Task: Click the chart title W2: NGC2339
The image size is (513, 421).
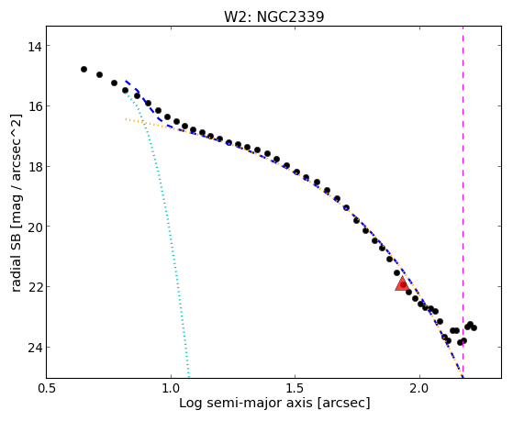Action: pyautogui.click(x=273, y=17)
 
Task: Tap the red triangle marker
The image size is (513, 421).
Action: pyautogui.click(x=402, y=284)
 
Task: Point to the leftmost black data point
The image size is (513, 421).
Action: pyautogui.click(x=84, y=69)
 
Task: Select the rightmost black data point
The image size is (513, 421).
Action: pyautogui.click(x=474, y=327)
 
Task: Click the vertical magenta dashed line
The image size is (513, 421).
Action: pyautogui.click(x=463, y=202)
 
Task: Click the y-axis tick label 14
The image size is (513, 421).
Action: pyautogui.click(x=34, y=46)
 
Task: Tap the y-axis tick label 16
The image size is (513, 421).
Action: pyautogui.click(x=34, y=106)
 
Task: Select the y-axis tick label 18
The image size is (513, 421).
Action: pyautogui.click(x=34, y=167)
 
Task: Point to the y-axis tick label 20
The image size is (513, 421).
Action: pyautogui.click(x=34, y=227)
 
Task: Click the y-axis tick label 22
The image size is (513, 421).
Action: pyautogui.click(x=34, y=287)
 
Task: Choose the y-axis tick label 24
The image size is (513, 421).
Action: pyautogui.click(x=34, y=348)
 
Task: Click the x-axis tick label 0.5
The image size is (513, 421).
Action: pyautogui.click(x=46, y=388)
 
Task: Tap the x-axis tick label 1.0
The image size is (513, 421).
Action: pyautogui.click(x=171, y=388)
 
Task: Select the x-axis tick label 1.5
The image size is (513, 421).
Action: pyautogui.click(x=296, y=388)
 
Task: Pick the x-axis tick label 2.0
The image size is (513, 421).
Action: pyautogui.click(x=419, y=388)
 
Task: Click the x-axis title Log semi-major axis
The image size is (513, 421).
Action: pyautogui.click(x=246, y=403)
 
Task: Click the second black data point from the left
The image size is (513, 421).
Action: pyautogui.click(x=99, y=74)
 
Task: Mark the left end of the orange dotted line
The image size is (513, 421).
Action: pyautogui.click(x=126, y=119)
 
